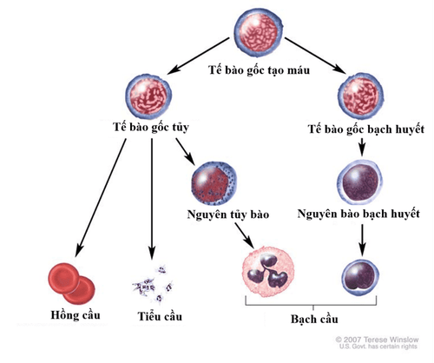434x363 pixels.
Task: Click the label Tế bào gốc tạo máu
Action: pos(259,70)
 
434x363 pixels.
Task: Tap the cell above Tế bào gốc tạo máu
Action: pos(259,32)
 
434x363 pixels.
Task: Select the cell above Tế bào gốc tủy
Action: pos(148,96)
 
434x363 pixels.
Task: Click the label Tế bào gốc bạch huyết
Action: pos(366,129)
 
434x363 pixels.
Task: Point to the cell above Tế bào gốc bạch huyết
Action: pos(361,96)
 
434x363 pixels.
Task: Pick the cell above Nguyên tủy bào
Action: pos(214,183)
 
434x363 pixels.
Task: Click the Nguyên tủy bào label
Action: pos(228,214)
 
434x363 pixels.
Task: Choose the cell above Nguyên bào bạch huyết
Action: pos(359,182)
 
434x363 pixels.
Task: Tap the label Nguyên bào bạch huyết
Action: pos(358,214)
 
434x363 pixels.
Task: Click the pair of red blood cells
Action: pos(71,283)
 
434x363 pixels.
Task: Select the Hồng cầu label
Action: pos(76,315)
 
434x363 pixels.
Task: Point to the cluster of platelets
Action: pos(153,284)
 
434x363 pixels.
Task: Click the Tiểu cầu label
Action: pos(160,316)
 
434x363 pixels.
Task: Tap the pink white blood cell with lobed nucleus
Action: pos(268,272)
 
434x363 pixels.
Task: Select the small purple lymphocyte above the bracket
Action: pos(360,278)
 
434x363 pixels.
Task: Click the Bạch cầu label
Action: pos(314,320)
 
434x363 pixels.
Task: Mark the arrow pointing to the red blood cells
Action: pos(101,198)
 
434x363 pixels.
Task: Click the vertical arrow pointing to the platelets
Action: pos(152,199)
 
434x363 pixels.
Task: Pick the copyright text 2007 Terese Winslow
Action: pos(377,340)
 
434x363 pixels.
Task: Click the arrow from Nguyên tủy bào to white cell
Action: pos(245,236)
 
